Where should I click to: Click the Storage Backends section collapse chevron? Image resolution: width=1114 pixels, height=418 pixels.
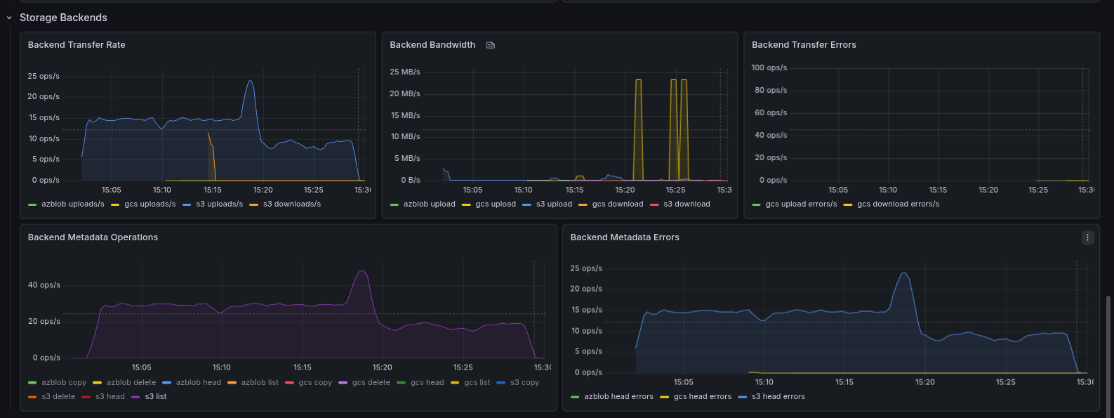9,18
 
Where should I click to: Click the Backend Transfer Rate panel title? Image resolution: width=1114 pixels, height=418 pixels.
77,45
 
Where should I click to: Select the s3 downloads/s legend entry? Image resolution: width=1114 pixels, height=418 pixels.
291,204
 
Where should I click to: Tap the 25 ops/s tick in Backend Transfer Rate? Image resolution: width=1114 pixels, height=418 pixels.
44,76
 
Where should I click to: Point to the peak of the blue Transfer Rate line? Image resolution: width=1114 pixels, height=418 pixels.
250,81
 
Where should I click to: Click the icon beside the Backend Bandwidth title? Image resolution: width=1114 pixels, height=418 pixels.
491,45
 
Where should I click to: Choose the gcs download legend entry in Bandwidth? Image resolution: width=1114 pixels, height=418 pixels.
617,204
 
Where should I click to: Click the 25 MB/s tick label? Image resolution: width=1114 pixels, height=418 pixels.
405,72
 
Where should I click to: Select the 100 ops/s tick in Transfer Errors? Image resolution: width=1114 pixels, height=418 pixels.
769,68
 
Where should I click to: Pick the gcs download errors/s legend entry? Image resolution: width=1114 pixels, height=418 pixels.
898,204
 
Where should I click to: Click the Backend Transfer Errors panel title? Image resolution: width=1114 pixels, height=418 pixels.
804,45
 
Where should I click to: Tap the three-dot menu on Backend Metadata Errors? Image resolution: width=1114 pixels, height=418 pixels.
1087,237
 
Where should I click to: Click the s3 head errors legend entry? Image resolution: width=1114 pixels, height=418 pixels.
778,397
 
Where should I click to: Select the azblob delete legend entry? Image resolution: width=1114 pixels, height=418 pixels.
131,383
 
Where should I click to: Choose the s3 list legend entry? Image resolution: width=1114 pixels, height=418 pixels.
155,397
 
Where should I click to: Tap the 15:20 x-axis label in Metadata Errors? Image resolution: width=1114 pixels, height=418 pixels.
925,382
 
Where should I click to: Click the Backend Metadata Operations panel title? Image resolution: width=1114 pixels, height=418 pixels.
93,237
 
